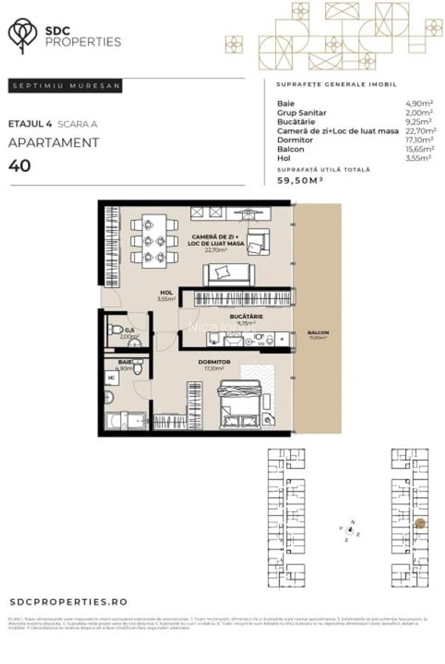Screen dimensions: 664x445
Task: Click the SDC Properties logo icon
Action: point(23,35)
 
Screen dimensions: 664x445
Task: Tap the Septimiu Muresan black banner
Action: point(66,86)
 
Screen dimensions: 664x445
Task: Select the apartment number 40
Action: point(20,165)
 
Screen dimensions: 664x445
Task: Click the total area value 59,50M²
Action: point(300,180)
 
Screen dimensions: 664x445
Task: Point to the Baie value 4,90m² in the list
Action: point(418,103)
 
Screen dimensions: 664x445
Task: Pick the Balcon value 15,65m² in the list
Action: point(418,148)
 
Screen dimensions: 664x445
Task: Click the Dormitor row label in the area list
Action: point(295,139)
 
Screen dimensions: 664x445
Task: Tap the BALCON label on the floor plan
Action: point(318,333)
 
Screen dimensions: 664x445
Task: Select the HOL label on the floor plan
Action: point(166,293)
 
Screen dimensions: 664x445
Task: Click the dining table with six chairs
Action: point(154,240)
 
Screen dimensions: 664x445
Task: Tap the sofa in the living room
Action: point(229,274)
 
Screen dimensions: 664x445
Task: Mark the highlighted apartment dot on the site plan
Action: point(418,524)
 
